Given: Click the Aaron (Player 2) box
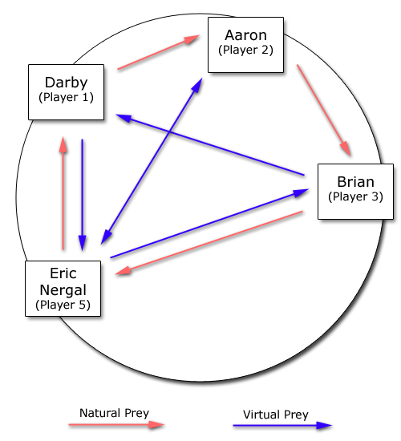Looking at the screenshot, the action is [245, 45].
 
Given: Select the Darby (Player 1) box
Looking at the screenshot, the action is [66, 92].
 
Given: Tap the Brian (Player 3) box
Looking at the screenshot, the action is [355, 192].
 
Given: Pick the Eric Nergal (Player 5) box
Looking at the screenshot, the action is [63, 289].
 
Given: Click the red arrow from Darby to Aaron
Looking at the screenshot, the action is [159, 52].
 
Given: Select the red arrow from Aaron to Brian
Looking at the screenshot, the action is [324, 111].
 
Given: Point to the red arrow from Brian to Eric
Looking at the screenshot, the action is [209, 243].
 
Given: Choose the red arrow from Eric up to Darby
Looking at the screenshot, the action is [63, 193].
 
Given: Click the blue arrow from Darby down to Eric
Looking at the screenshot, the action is [82, 195].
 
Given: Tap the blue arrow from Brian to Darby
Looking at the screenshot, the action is [210, 144].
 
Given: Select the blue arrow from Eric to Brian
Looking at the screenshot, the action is [209, 224].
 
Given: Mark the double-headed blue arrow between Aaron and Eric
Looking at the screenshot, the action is [152, 161].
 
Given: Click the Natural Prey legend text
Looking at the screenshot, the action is [114, 413].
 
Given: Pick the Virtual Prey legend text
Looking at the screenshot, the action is [276, 415].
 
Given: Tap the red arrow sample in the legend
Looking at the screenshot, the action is [116, 425].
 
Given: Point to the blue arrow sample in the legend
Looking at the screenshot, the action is [282, 425].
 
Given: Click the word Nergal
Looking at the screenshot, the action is [63, 290].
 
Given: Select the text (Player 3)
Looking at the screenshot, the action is [355, 196].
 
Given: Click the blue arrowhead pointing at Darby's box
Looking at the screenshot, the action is [124, 118].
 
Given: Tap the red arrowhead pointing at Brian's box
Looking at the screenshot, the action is [346, 148].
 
